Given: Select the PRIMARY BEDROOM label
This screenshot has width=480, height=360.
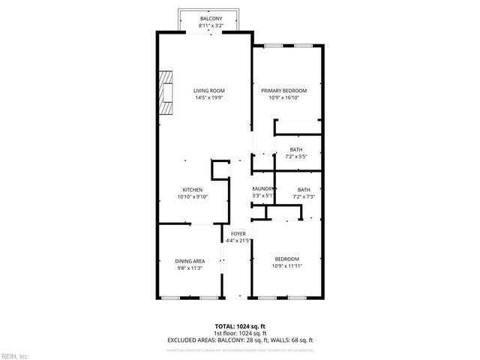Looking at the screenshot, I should point(284,90).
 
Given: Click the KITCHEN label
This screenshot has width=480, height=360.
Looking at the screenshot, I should point(193,189).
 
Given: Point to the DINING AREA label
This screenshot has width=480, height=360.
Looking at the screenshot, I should point(190,261).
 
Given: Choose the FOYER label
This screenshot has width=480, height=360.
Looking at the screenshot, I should point(238,234).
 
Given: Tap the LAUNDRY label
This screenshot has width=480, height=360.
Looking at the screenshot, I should point(262,189).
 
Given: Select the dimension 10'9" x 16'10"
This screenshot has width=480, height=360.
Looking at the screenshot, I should point(284,97).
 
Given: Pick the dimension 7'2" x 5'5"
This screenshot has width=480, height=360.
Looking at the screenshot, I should point(296,157).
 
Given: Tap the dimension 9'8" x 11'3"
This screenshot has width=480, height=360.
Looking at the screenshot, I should point(190,268).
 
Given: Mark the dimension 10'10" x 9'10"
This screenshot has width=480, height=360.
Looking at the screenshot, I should point(193,196).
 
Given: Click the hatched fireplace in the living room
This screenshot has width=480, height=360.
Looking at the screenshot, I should point(165,92).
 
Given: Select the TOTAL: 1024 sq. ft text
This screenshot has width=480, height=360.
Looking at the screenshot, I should point(239,326).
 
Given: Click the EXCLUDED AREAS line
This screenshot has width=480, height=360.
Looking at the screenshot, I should point(239,339).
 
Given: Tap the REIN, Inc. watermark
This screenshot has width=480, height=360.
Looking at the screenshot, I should point(14,355).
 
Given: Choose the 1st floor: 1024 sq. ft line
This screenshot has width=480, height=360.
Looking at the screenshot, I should point(239,333).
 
